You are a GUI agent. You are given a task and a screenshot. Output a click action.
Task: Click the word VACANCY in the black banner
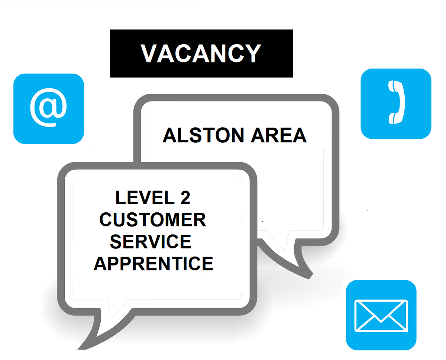(201, 53)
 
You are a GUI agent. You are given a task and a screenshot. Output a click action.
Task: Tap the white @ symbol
(48, 107)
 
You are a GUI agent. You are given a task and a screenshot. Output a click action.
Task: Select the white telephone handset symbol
(396, 102)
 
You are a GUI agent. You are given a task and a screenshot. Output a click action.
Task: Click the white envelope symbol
(381, 316)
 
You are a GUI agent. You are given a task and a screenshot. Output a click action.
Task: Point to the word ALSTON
(203, 135)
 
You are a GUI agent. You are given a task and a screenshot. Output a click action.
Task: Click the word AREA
(279, 135)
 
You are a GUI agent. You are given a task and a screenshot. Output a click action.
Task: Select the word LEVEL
(145, 197)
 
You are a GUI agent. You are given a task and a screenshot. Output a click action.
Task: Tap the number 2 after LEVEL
(185, 197)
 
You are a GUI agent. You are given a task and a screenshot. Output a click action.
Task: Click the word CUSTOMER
(153, 220)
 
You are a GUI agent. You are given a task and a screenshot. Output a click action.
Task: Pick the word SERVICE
(151, 242)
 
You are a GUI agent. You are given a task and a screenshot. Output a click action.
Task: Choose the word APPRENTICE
(153, 264)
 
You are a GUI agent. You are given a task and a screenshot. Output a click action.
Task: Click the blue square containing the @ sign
(48, 109)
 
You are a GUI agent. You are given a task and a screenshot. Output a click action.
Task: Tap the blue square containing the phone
(396, 104)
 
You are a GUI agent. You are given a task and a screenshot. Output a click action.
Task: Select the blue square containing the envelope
(381, 315)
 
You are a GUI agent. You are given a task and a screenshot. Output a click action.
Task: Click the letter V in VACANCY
(149, 53)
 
